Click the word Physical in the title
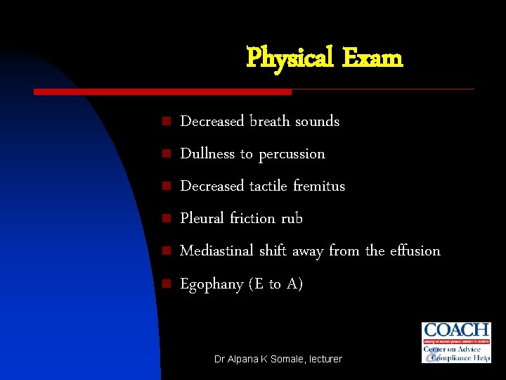coord(290,58)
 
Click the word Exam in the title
coord(372,58)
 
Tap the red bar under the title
coord(163,91)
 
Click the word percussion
coord(292,154)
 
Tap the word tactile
coord(268,186)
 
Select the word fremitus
coord(319,186)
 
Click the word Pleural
coord(202,218)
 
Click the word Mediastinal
coord(217,251)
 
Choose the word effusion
coord(413,251)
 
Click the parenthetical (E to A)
coord(276,284)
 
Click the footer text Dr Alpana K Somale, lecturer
coord(278,359)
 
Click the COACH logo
coord(455,342)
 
